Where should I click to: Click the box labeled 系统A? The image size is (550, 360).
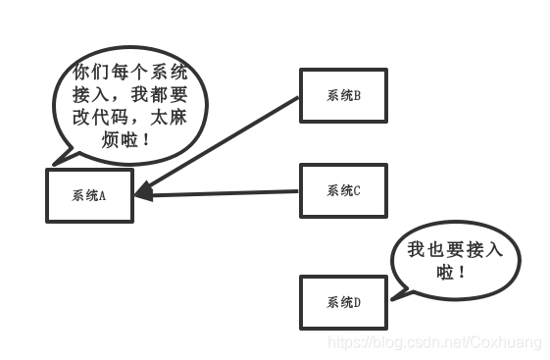pyautogui.click(x=89, y=194)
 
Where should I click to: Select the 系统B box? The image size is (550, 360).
pyautogui.click(x=343, y=95)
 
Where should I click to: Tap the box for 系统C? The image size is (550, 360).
pyautogui.click(x=343, y=190)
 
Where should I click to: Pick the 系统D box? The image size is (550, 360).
pyautogui.click(x=343, y=302)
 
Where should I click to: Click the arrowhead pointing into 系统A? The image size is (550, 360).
pyautogui.click(x=142, y=191)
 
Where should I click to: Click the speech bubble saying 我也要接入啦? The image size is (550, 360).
pyautogui.click(x=453, y=259)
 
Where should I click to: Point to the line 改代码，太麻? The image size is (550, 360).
pyautogui.click(x=127, y=118)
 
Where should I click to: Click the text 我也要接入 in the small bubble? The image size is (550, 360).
pyautogui.click(x=454, y=250)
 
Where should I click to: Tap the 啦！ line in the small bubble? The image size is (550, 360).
pyautogui.click(x=453, y=272)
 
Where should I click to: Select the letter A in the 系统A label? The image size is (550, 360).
pyautogui.click(x=102, y=194)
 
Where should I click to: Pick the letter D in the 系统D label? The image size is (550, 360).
pyautogui.click(x=357, y=302)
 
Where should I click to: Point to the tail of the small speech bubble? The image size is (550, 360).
pyautogui.click(x=396, y=290)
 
